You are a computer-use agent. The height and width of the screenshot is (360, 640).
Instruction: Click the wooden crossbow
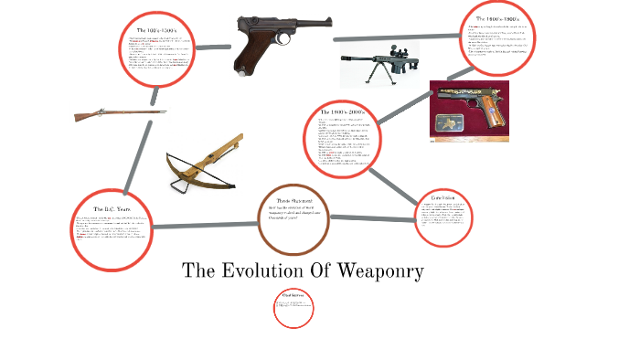coord(204,160)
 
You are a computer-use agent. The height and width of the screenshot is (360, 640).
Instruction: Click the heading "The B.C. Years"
coord(108,208)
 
